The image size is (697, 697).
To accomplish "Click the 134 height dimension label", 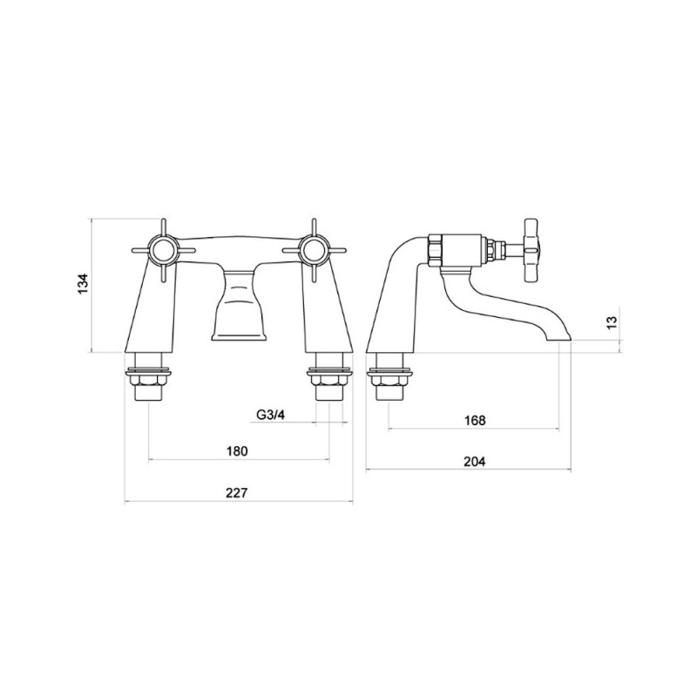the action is coord(83,284).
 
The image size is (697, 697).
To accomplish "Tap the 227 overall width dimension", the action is coord(236,492).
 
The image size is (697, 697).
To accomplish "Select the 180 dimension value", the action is coord(237,450).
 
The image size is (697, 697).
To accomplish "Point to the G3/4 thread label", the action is coord(270,415).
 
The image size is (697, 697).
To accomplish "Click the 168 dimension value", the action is coord(475,420).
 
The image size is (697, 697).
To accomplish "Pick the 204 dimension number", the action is coord(475,462).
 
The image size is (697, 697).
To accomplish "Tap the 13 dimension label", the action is coord(612,321).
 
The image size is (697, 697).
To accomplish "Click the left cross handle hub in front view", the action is coord(163,251).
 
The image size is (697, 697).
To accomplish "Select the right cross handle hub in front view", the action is coord(314,251).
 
